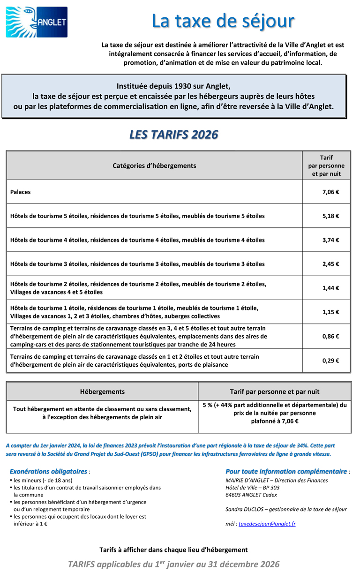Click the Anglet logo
(36, 22)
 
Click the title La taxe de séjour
(223, 21)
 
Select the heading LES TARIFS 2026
(173, 135)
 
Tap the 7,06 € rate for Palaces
(330, 192)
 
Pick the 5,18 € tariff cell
(330, 216)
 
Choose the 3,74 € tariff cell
(330, 240)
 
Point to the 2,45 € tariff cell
(330, 264)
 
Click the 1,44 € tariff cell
(330, 288)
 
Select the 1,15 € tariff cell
(330, 312)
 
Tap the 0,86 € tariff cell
(330, 336)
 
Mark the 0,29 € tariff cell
(330, 361)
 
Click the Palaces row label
(21, 192)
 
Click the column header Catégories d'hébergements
(154, 166)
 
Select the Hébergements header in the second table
(102, 391)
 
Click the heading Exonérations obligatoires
(48, 471)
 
